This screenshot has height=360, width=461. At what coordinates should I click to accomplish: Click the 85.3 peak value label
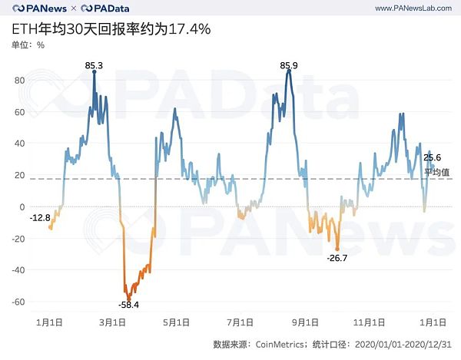[x=94, y=64]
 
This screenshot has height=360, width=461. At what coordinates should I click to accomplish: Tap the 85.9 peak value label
[x=289, y=64]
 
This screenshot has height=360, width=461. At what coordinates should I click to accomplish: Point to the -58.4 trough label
[x=128, y=305]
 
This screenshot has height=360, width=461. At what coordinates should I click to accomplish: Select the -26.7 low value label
[x=338, y=257]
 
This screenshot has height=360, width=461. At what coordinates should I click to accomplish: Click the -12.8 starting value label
[x=40, y=217]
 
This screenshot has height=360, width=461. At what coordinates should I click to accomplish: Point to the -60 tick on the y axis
[x=18, y=301]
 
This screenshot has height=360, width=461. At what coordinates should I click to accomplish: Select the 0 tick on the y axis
[x=23, y=206]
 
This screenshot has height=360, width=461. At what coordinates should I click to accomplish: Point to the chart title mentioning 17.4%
[x=111, y=29]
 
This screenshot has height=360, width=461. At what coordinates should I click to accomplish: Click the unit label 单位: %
[x=28, y=45]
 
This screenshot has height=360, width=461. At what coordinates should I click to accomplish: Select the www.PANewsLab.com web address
[x=412, y=8]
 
